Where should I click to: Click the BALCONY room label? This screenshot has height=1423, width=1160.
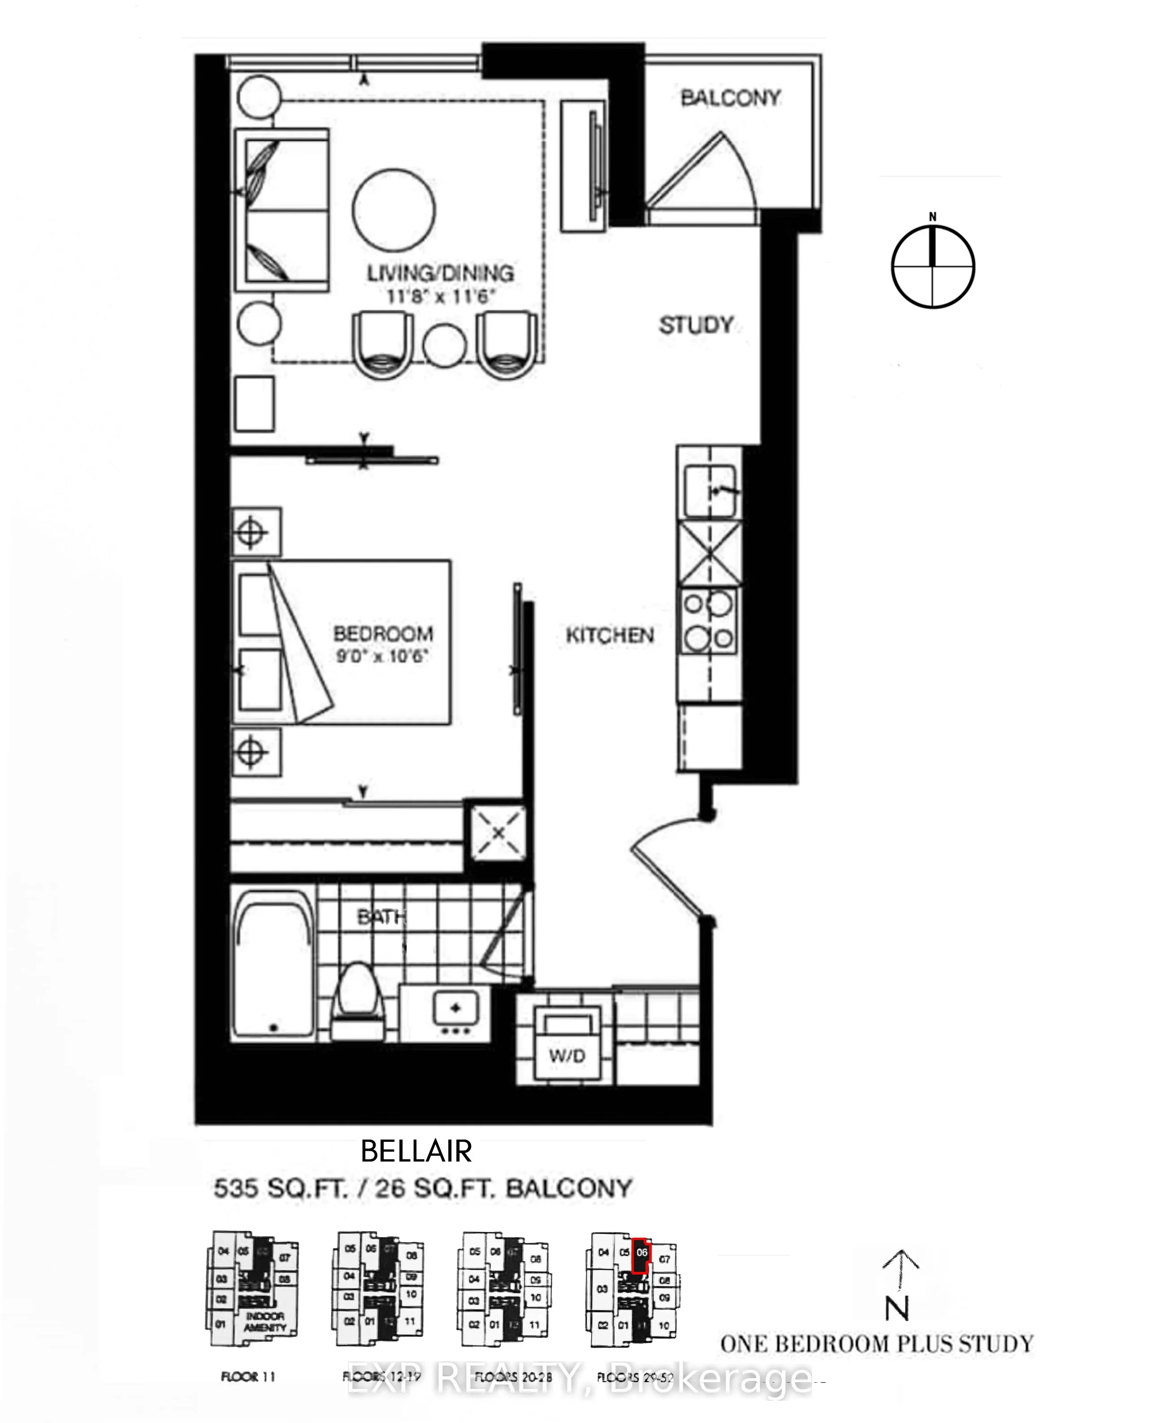coord(730,98)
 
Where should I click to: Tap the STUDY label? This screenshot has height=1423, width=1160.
coord(696,325)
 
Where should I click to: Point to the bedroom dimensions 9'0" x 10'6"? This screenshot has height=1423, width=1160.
coord(382,656)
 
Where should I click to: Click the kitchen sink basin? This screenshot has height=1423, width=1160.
coord(710,491)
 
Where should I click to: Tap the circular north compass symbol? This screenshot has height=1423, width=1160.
coord(933,266)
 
